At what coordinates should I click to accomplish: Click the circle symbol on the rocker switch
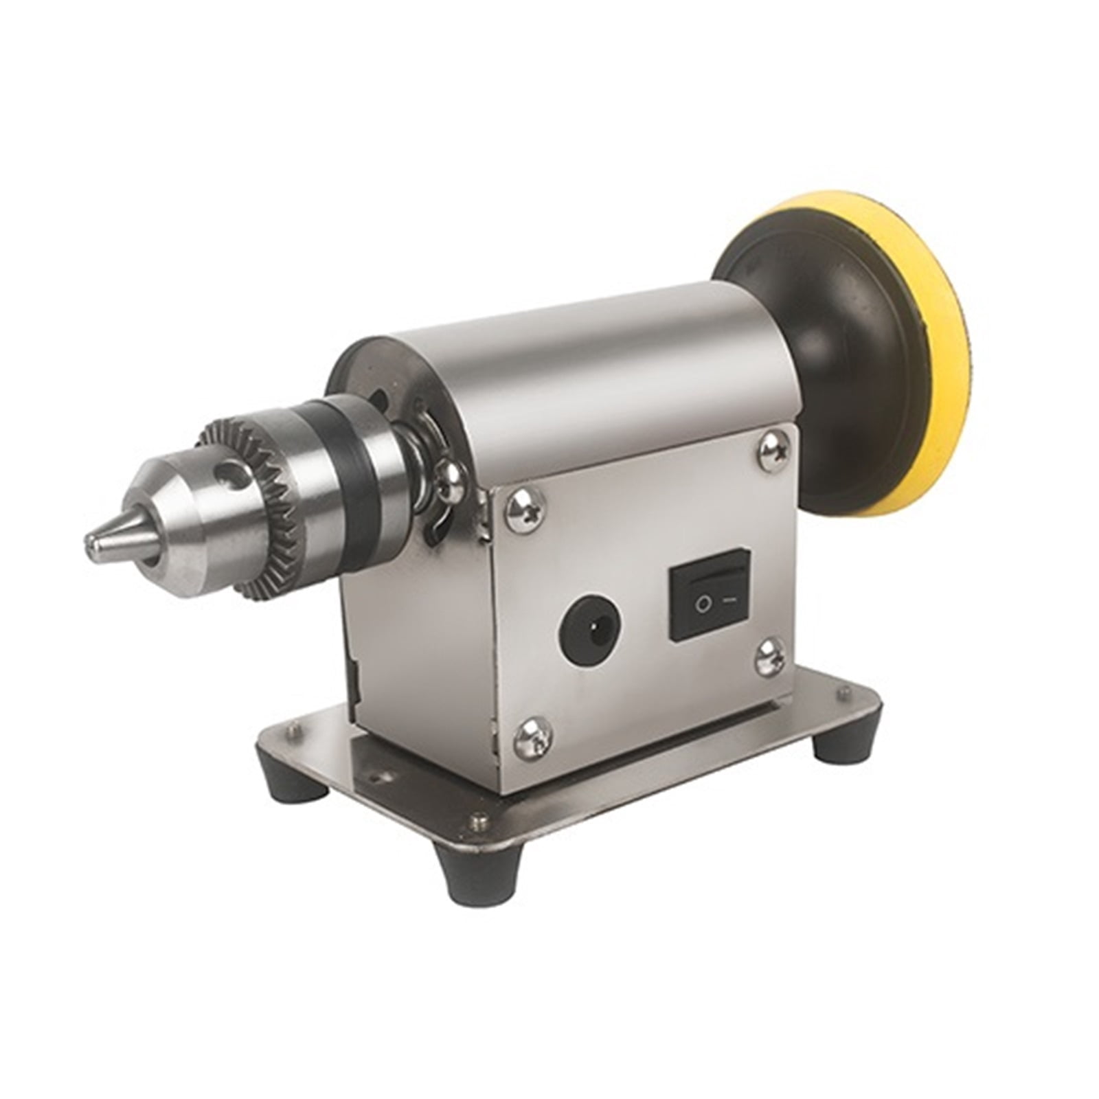click(x=703, y=604)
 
